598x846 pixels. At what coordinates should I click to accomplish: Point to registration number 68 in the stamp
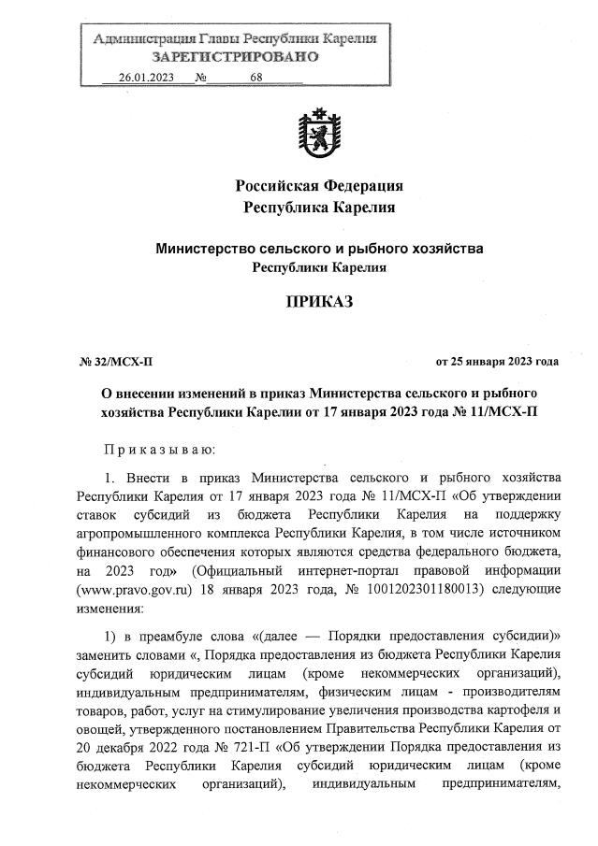pos(256,78)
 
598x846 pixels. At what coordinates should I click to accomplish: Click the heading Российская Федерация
pos(319,183)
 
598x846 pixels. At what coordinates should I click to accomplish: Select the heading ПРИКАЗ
pos(319,303)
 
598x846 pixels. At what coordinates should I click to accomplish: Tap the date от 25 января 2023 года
pos(497,361)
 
